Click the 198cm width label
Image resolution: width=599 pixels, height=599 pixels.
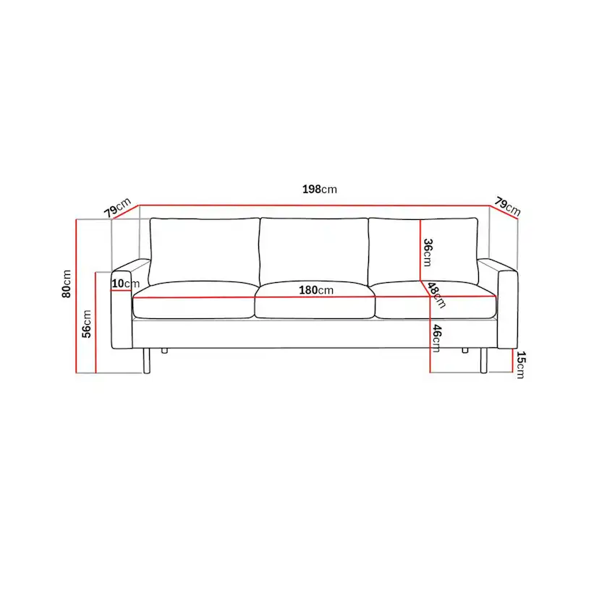pyautogui.click(x=319, y=190)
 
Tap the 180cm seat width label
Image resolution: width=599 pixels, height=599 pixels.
pyautogui.click(x=315, y=290)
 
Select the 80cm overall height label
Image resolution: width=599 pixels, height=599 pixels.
pyautogui.click(x=67, y=284)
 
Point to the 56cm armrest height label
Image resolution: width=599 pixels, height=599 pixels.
pyautogui.click(x=86, y=323)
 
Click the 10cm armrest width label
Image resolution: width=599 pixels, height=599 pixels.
pyautogui.click(x=125, y=283)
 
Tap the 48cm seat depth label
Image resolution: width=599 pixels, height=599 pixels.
pyautogui.click(x=436, y=294)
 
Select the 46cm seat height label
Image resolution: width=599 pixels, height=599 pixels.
pyautogui.click(x=436, y=337)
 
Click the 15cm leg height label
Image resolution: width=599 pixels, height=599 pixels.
pyautogui.click(x=519, y=365)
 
